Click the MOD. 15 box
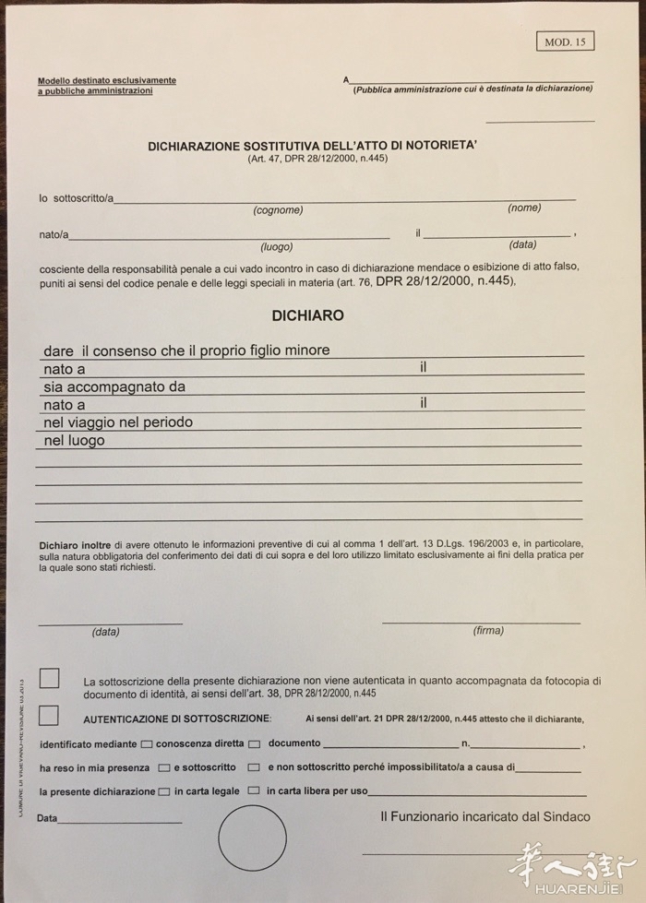point(565,42)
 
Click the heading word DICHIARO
point(307,315)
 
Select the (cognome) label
point(278,210)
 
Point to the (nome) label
point(524,208)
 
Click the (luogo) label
point(277,247)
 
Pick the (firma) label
point(488,631)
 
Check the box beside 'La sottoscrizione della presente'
point(49,679)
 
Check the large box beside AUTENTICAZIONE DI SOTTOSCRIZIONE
point(49,715)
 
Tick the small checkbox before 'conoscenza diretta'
point(147,743)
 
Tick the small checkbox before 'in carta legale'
point(164,791)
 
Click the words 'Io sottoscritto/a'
point(76,197)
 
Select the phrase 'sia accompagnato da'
point(114,386)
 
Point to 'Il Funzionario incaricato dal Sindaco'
point(484,817)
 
